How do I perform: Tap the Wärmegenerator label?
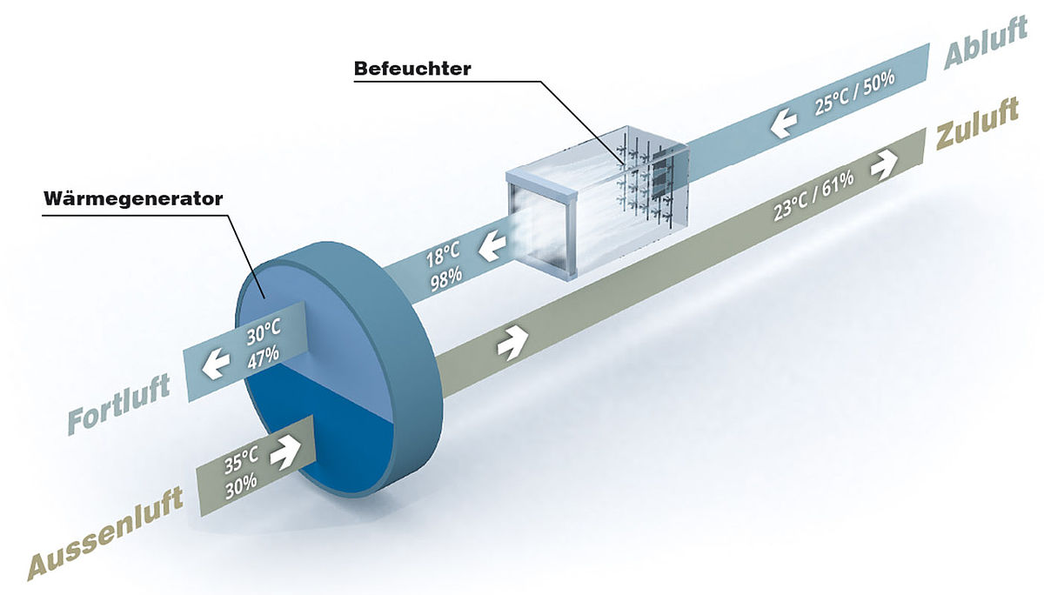[x=133, y=198]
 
